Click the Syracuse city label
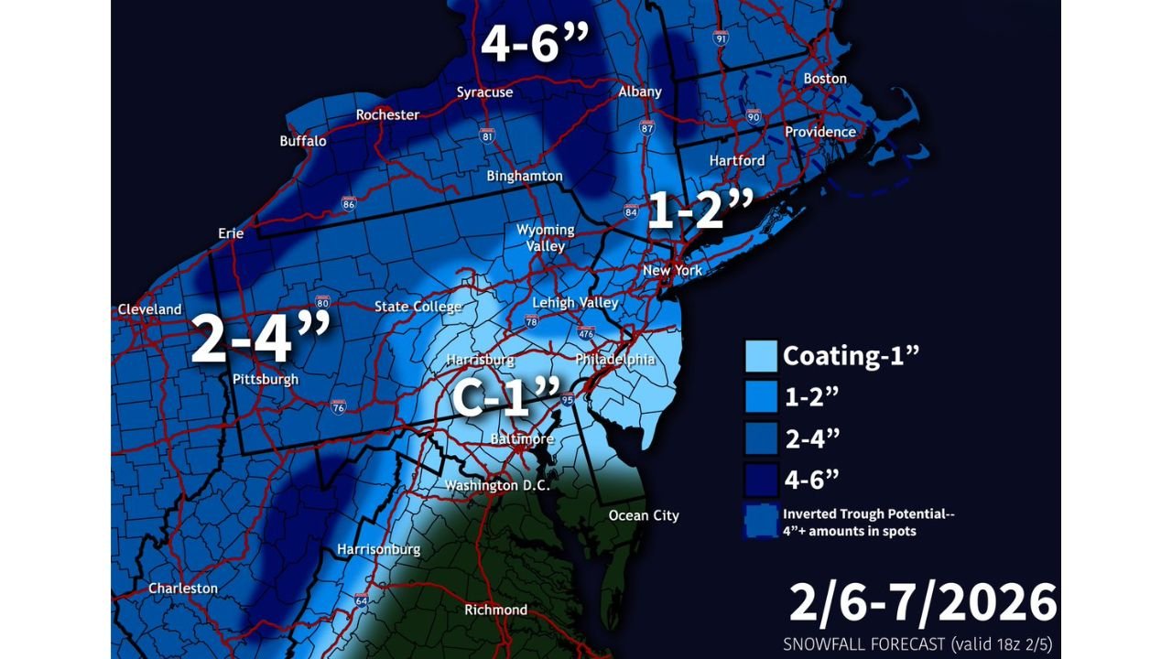tap(484, 92)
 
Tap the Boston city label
tap(825, 79)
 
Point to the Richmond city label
tap(495, 610)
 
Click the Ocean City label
tap(644, 516)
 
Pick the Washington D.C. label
tap(497, 486)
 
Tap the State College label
tap(418, 307)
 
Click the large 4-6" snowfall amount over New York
tap(534, 42)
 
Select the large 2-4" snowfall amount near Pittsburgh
tap(260, 339)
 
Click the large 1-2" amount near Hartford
tap(699, 211)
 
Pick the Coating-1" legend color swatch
tap(761, 356)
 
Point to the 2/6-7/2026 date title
tap(922, 604)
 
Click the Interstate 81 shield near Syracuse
tap(488, 135)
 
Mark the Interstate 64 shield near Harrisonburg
tap(362, 600)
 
